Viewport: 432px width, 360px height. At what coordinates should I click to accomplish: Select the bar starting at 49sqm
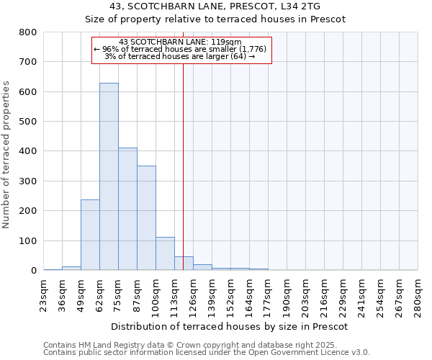coord(90,235)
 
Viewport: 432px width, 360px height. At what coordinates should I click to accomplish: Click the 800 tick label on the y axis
coord(28,32)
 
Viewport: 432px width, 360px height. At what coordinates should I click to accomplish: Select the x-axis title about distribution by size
coord(230,326)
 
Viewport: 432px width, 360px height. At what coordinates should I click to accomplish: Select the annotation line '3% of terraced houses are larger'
coord(180,56)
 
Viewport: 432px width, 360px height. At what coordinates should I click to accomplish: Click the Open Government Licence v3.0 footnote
coord(207,352)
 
